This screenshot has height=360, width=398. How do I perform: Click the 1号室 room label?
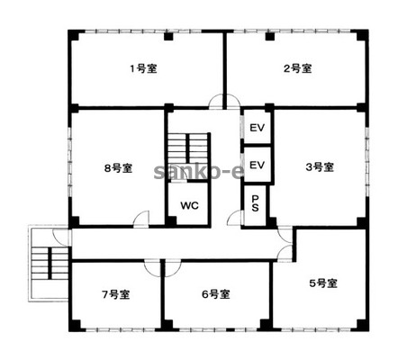tap(143, 69)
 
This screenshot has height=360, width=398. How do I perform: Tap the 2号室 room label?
tap(298, 68)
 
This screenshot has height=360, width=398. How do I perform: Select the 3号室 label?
tap(320, 166)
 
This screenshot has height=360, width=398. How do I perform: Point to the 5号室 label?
tap(323, 283)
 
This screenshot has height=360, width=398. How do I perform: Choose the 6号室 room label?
tap(216, 294)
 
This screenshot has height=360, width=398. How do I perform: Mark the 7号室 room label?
tap(116, 294)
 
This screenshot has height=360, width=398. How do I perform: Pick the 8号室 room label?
tap(118, 168)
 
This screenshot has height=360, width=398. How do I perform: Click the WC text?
tap(189, 206)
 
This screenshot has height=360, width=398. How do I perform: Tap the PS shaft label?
tap(255, 203)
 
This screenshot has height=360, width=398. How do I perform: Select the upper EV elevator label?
tap(258, 128)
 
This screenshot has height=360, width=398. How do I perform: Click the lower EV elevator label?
tap(258, 165)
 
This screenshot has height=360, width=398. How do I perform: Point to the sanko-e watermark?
tap(199, 172)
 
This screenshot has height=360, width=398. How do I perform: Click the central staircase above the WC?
tap(188, 149)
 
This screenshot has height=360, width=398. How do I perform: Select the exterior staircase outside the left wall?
tap(50, 263)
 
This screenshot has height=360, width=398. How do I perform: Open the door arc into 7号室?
tap(152, 268)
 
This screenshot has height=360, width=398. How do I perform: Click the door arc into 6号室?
tap(173, 268)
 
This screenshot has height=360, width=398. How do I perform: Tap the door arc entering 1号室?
tap(216, 101)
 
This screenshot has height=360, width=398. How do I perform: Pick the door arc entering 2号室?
tap(233, 101)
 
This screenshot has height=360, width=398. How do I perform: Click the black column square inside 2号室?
tap(270, 36)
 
